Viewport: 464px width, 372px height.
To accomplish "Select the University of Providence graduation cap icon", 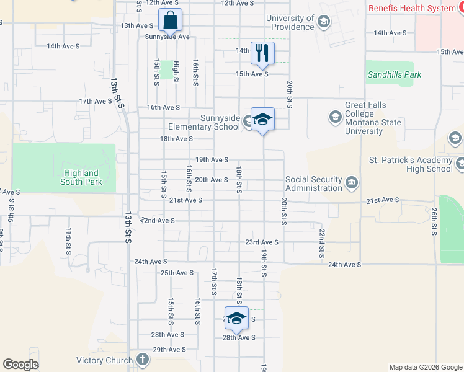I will click(323, 23).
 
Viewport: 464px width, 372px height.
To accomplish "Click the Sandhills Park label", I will click(395, 74).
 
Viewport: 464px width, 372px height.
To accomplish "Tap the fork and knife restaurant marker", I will click(262, 53).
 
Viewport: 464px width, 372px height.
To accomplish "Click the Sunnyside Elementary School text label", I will click(204, 122).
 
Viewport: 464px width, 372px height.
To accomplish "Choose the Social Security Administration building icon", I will click(352, 182).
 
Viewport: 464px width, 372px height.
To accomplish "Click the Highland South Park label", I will click(80, 177).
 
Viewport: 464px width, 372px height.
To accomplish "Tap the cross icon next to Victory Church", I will click(143, 359).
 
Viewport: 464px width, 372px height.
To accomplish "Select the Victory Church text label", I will click(104, 360).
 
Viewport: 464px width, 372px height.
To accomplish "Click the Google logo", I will click(20, 365).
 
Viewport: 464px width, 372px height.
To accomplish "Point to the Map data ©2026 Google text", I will click(426, 367).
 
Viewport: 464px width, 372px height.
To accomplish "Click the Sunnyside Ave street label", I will click(167, 37).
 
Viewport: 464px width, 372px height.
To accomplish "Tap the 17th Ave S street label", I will click(95, 101).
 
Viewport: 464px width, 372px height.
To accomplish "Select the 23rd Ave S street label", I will click(261, 242).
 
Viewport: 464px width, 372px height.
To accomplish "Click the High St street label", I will click(176, 72).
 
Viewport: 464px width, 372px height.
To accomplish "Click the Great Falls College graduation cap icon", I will click(335, 117).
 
